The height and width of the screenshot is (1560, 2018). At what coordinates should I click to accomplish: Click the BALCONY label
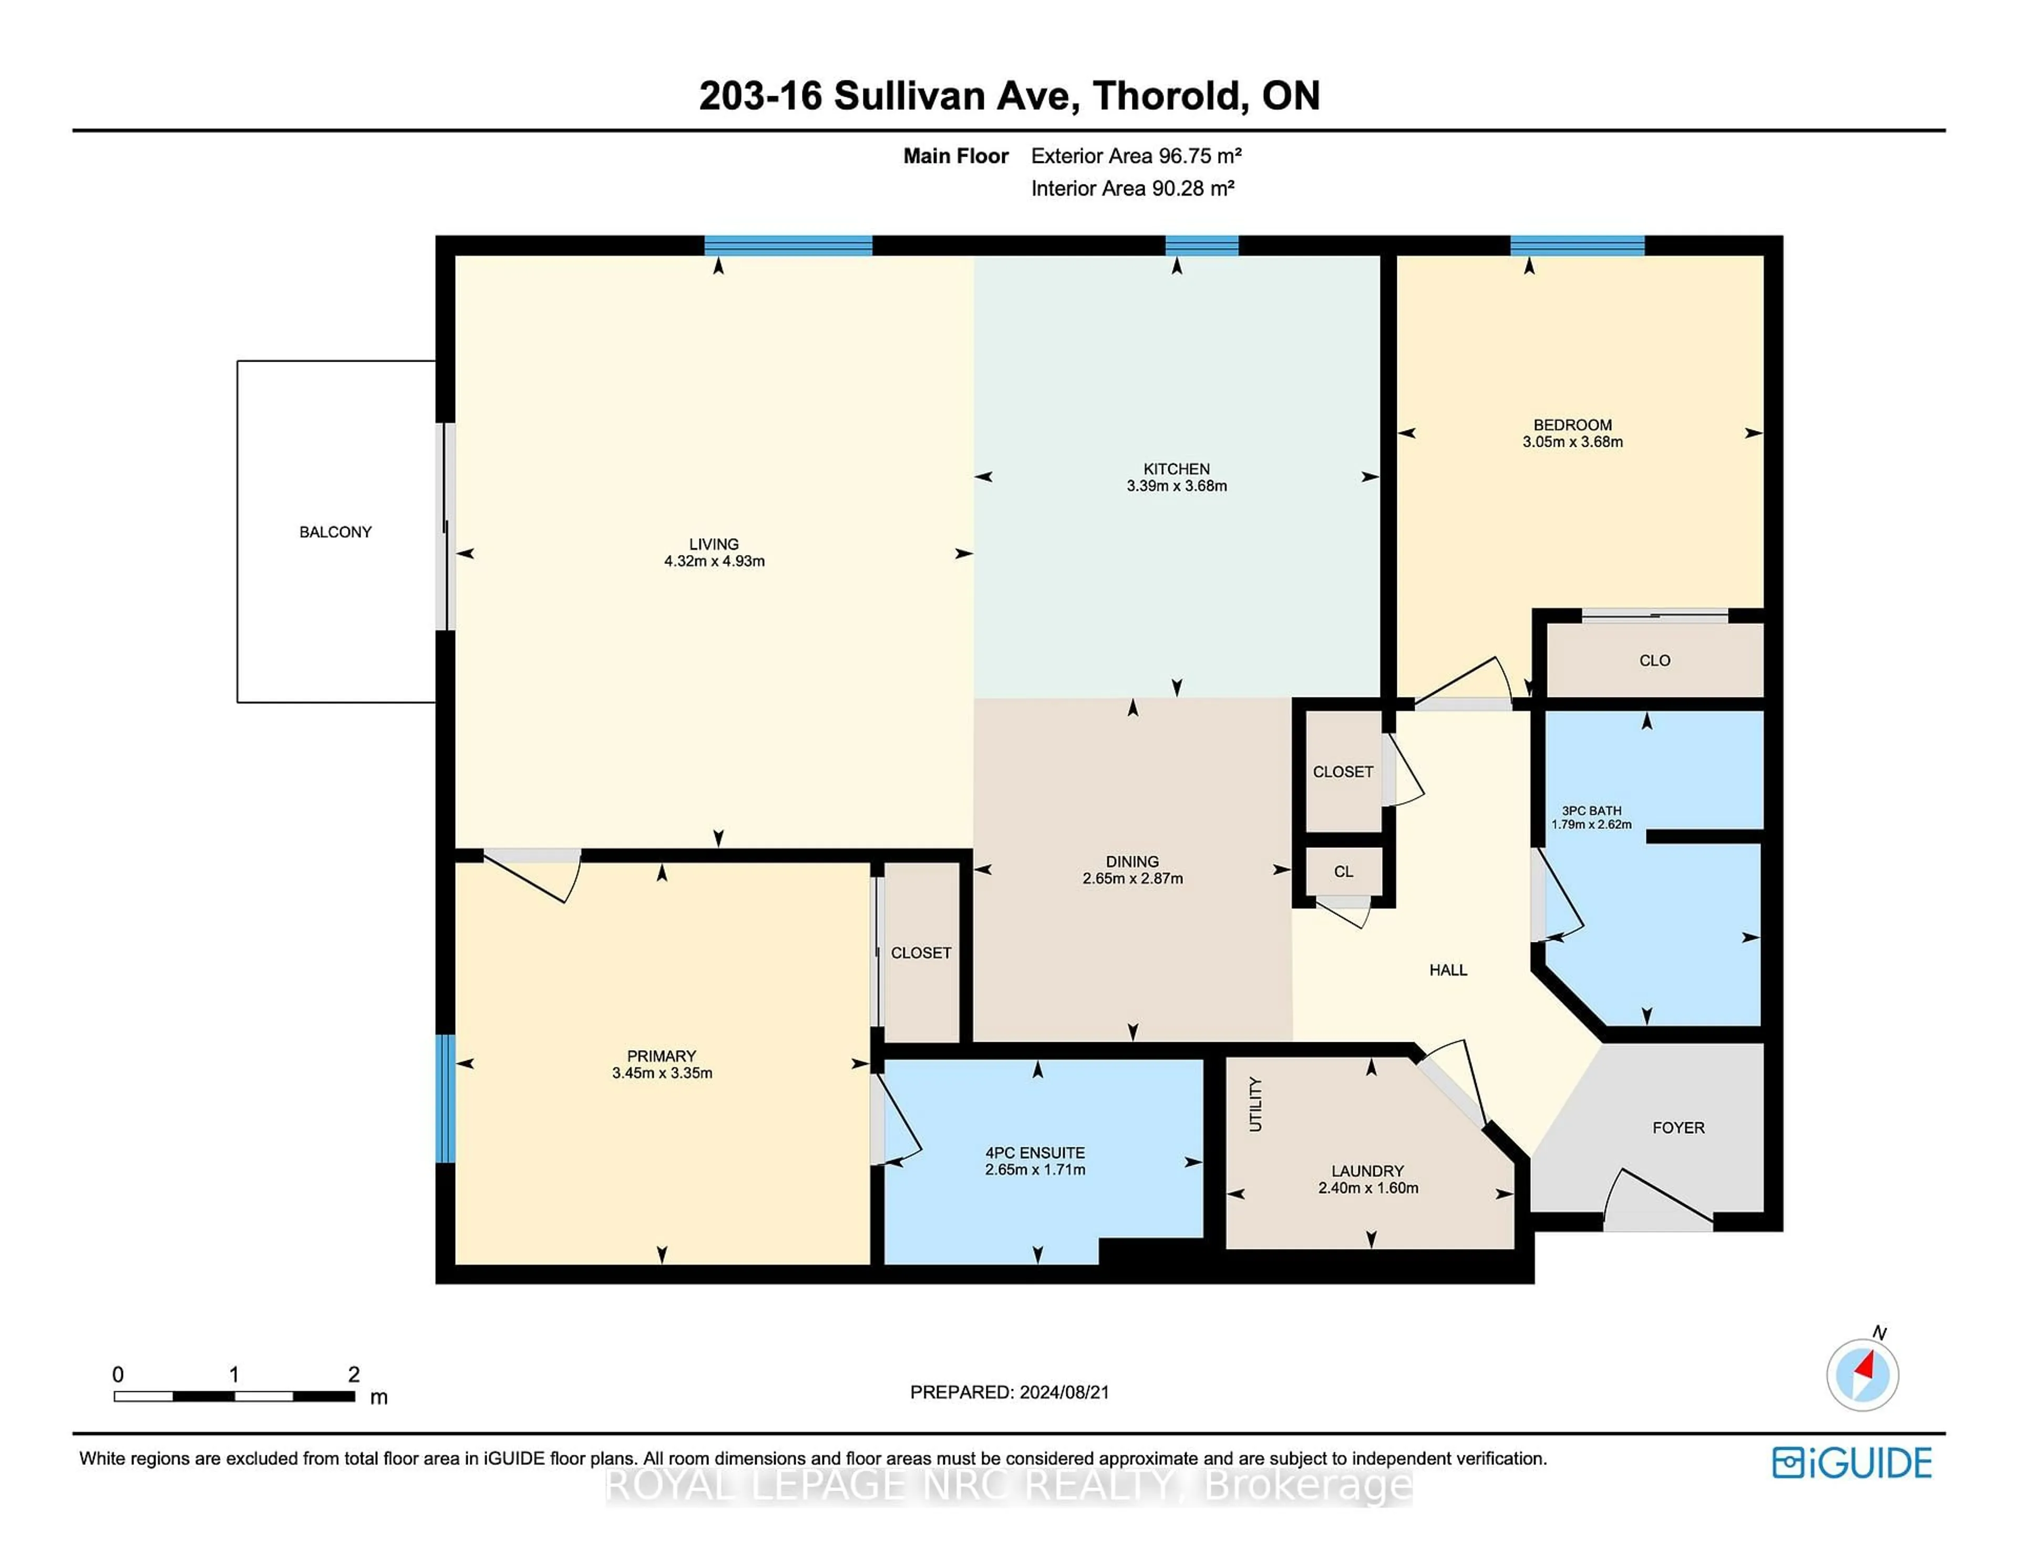335,532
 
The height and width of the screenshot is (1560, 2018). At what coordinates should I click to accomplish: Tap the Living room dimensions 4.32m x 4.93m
714,561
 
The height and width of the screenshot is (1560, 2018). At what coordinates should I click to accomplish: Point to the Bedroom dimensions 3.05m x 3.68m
1573,442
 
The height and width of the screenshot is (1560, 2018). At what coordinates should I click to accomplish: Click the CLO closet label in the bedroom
1654,661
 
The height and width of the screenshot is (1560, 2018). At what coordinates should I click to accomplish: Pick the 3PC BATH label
1591,810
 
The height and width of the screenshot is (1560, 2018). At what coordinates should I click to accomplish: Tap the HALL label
1448,969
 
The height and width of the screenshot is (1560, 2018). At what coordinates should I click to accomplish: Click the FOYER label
1678,1127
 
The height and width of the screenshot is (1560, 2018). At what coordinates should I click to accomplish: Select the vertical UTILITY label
1255,1104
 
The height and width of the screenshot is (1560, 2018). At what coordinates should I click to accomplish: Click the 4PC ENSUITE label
1035,1153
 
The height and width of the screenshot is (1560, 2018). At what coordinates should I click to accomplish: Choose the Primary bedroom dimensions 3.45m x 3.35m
662,1073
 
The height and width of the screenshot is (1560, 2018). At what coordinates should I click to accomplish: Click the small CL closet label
1343,871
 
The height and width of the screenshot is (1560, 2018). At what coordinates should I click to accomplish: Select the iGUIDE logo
1852,1463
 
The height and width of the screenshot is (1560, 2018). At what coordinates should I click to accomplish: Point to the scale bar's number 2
354,1374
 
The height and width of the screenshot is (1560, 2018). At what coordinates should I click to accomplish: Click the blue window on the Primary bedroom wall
445,1098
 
